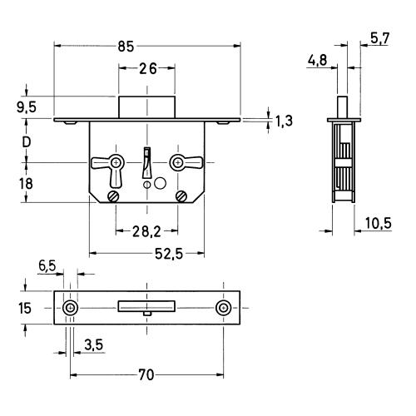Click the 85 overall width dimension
[x=126, y=47]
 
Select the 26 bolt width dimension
[x=148, y=68]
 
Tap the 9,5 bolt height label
[x=27, y=107]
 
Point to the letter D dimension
[x=27, y=142]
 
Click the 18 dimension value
[x=26, y=184]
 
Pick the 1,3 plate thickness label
[x=284, y=121]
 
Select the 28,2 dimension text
[x=146, y=231]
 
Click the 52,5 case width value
[x=169, y=254]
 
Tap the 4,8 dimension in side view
[x=318, y=60]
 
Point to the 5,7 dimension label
[x=380, y=38]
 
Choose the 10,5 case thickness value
[x=378, y=223]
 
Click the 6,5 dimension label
[x=47, y=265]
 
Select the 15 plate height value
[x=25, y=308]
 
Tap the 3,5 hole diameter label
[x=94, y=345]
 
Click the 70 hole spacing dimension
[x=146, y=375]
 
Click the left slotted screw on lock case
[x=113, y=196]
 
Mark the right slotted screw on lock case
[x=181, y=196]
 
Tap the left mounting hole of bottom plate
[x=70, y=308]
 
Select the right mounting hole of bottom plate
[x=224, y=308]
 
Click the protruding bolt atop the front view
[x=147, y=107]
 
